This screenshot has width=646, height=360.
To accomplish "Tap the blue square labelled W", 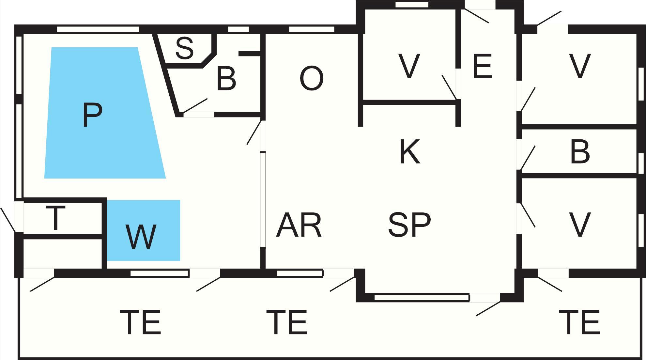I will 144,230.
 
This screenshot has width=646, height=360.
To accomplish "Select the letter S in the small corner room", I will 185,48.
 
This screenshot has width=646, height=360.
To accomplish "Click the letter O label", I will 311,78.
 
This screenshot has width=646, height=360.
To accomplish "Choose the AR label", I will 299,225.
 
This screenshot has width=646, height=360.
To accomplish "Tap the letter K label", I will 409,151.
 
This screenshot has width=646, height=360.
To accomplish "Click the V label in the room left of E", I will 409,67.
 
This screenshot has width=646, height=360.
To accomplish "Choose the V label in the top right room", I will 580,67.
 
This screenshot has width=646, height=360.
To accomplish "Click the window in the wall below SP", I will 422,298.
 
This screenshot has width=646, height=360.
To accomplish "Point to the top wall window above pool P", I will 98,29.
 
